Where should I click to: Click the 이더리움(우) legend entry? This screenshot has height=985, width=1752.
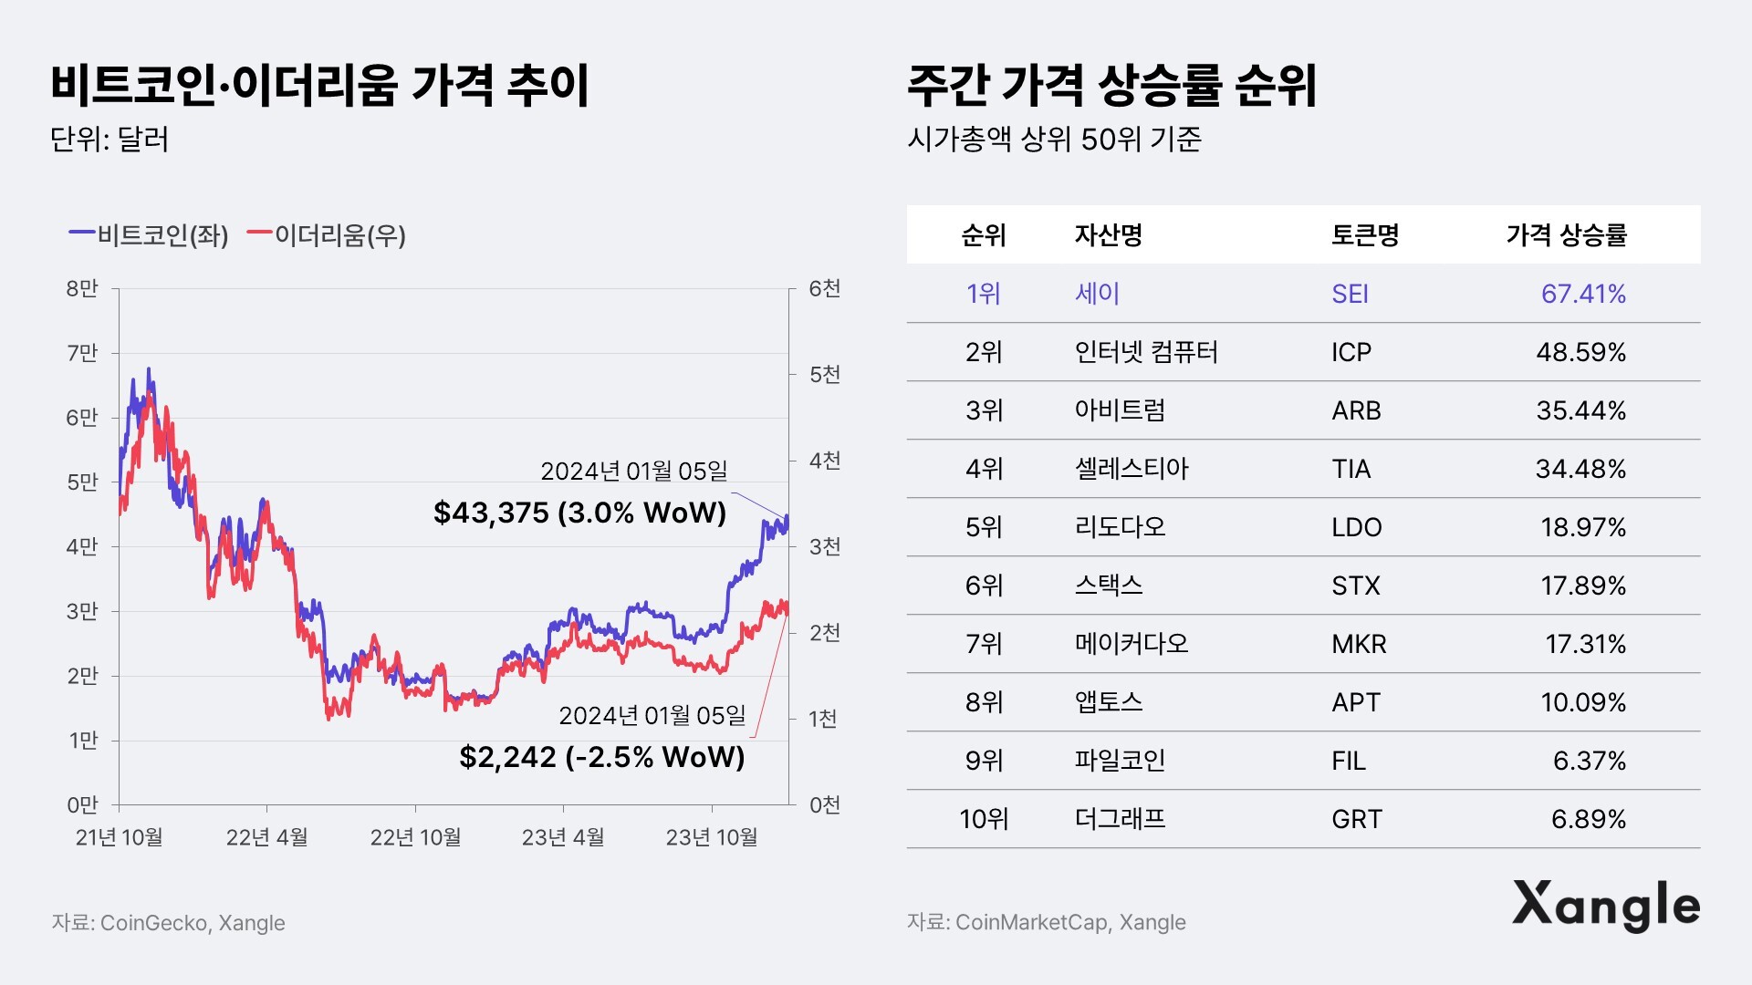(327, 235)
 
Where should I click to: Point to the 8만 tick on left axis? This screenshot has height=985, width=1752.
(82, 289)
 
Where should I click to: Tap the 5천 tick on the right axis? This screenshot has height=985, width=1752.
(825, 375)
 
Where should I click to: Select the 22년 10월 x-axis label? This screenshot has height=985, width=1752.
(415, 837)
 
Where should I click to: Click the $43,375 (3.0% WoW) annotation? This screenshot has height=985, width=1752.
(579, 513)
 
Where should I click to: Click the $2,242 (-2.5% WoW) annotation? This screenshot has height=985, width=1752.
(601, 757)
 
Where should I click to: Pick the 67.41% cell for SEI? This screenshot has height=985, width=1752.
(1583, 294)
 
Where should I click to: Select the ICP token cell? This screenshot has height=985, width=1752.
(1350, 352)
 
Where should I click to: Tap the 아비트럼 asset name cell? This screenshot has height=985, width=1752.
(1120, 410)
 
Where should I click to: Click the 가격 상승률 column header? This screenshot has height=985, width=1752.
(1566, 235)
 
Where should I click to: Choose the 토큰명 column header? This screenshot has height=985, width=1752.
(1365, 235)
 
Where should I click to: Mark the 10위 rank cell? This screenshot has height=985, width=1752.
(984, 819)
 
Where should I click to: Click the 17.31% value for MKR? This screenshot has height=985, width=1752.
(1585, 644)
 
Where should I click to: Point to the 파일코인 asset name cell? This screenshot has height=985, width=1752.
(1120, 761)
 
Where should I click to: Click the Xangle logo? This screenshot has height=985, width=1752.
(1606, 906)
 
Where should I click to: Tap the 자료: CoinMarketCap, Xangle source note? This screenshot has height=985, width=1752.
(1046, 922)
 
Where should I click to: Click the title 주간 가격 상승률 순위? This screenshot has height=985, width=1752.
(1111, 87)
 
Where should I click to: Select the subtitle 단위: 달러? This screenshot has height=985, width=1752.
(109, 140)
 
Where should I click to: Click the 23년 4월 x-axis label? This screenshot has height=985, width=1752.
(563, 837)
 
